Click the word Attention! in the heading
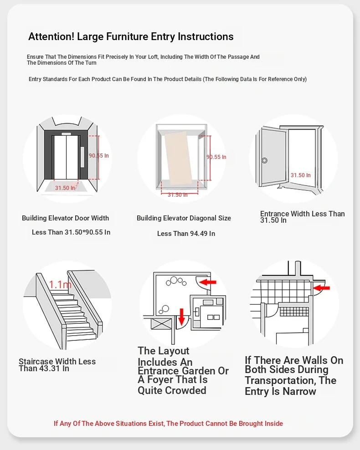coord(51,37)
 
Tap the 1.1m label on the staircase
coord(60,285)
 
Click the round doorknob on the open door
coord(264,160)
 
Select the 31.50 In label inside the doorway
coord(301,175)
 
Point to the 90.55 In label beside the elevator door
coord(99,156)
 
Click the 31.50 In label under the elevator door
coord(65,188)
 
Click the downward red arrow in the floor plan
coord(181,316)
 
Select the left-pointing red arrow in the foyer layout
coord(209,282)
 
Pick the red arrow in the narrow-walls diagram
coord(322,287)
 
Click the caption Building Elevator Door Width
coord(65,218)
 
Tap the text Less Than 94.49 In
coord(186,234)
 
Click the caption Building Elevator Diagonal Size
coord(184,218)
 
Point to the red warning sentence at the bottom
coord(168,424)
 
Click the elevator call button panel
coord(82,157)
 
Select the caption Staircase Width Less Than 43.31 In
coord(57,365)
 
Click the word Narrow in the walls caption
coord(299,392)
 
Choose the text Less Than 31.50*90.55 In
coord(71,232)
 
